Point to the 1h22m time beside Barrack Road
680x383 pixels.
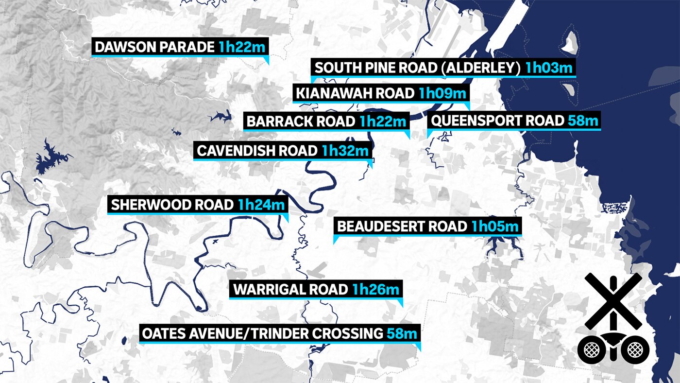[383, 121]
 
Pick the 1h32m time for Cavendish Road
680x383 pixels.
[345, 151]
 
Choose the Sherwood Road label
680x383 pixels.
[172, 205]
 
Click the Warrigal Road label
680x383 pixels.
[290, 290]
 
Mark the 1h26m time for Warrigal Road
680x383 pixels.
[376, 290]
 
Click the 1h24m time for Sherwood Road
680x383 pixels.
[261, 205]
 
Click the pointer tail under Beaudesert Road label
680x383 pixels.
[335, 240]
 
